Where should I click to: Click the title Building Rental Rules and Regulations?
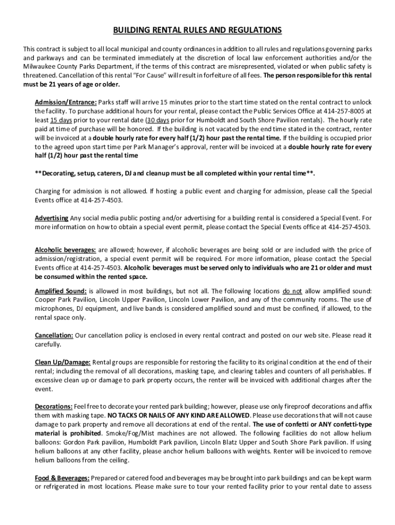coord(197,30)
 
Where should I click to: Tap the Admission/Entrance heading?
coord(66,102)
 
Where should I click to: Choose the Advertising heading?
coord(52,218)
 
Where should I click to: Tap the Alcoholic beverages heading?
coord(65,250)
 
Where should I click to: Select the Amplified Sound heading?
coord(61,291)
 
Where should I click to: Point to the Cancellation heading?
coord(54,335)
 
